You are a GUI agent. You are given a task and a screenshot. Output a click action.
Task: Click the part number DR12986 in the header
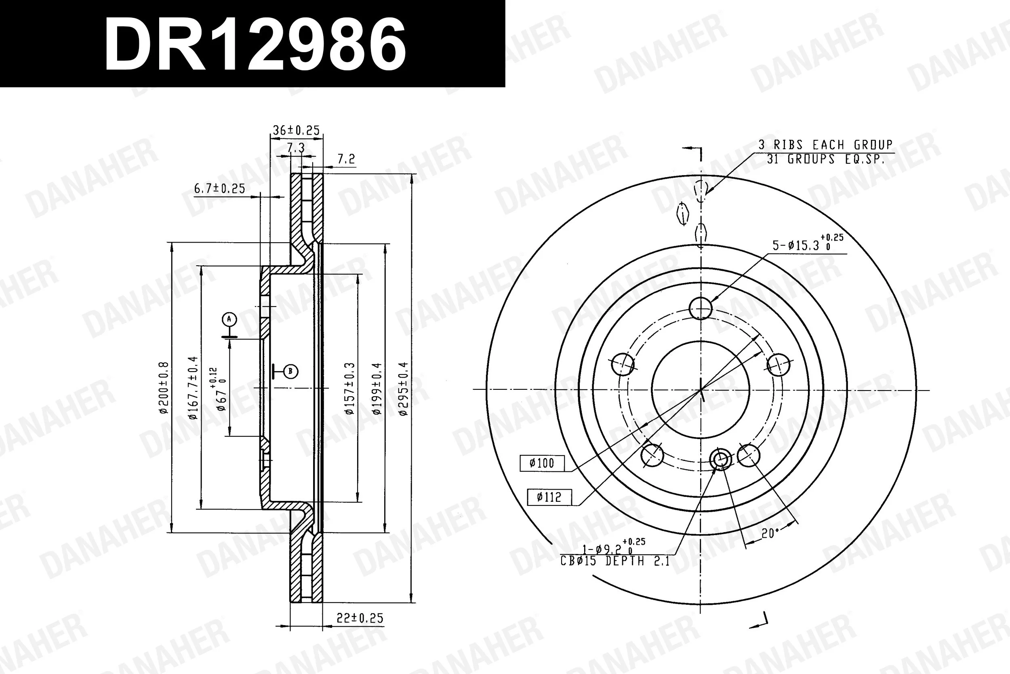click(x=255, y=45)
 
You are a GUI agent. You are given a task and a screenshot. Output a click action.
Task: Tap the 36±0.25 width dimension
click(x=296, y=130)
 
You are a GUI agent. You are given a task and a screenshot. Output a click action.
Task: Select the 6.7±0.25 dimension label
click(x=219, y=188)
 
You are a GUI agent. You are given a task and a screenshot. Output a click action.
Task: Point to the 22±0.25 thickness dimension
click(x=360, y=618)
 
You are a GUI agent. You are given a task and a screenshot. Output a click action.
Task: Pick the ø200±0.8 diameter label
click(x=164, y=388)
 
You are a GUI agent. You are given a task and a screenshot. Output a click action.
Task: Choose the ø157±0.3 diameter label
click(x=350, y=389)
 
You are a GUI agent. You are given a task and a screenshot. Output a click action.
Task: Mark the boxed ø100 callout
click(x=542, y=463)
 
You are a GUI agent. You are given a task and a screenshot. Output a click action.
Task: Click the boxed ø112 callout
click(x=549, y=497)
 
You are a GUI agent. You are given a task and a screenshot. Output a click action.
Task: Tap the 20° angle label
click(x=770, y=533)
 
